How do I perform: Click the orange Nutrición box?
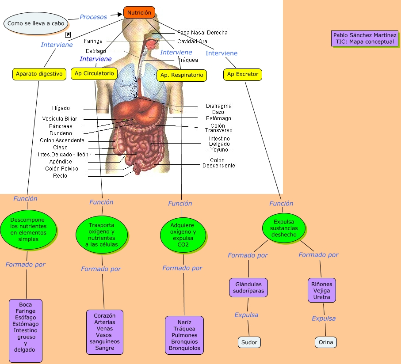point(139,13)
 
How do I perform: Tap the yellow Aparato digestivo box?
point(39,74)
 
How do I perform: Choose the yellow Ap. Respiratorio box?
point(182,75)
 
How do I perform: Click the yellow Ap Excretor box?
point(242,74)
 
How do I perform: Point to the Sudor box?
point(249,342)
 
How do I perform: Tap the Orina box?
point(326,342)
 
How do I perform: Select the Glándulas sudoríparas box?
point(248,288)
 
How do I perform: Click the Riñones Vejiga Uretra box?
point(322,291)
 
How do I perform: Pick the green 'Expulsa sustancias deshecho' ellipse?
point(284,228)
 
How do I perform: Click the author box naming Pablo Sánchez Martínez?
point(365,38)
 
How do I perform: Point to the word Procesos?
point(93,17)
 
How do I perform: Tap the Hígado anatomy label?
point(61,108)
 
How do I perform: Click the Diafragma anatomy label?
point(218,106)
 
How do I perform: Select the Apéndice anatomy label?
point(61,162)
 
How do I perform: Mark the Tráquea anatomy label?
point(188,60)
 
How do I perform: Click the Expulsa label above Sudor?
point(246,315)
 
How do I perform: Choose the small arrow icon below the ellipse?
point(68,34)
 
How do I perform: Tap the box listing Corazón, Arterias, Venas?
point(104,332)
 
